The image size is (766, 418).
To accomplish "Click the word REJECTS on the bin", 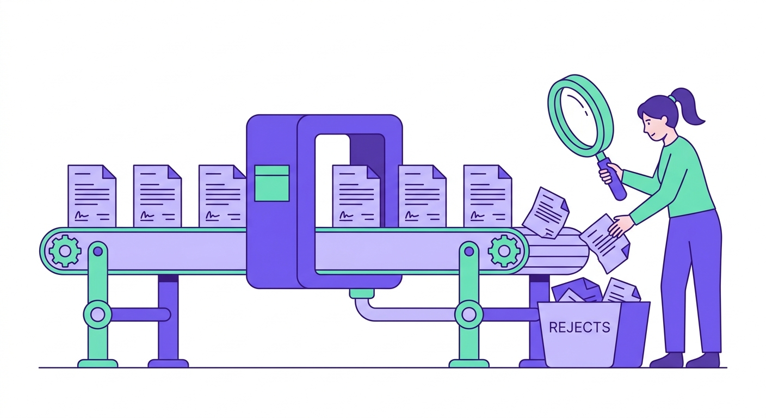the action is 579,327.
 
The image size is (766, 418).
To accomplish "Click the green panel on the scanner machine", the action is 272,183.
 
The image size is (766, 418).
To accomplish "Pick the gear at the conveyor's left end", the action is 65,251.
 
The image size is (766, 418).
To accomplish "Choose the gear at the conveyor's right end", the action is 504,251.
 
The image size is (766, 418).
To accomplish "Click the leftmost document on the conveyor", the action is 92,196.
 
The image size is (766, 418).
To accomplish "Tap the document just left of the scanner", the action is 223,196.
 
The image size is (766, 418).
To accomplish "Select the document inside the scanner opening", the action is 356,196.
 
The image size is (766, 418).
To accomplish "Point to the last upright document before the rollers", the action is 487,196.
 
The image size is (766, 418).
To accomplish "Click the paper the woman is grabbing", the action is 606,243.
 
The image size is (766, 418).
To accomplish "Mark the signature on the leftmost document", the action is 82,216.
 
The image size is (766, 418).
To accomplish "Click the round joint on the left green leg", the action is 98,315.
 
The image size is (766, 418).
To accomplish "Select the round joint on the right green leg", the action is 469,315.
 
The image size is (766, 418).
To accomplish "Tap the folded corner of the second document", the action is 175,171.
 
